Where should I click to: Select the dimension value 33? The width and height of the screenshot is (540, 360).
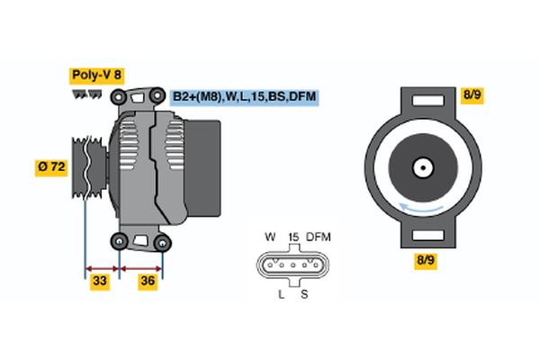pyautogui.click(x=101, y=282)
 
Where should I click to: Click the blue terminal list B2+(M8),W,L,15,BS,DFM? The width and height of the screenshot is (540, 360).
pyautogui.click(x=244, y=96)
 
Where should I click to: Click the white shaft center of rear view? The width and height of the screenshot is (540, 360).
pyautogui.click(x=420, y=167)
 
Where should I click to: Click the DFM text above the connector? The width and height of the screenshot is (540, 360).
pyautogui.click(x=318, y=237)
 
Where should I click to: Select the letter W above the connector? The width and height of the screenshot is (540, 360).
pyautogui.click(x=270, y=237)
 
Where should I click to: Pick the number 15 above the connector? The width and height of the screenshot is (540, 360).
pyautogui.click(x=292, y=237)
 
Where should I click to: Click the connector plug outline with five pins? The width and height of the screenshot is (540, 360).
pyautogui.click(x=292, y=266)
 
